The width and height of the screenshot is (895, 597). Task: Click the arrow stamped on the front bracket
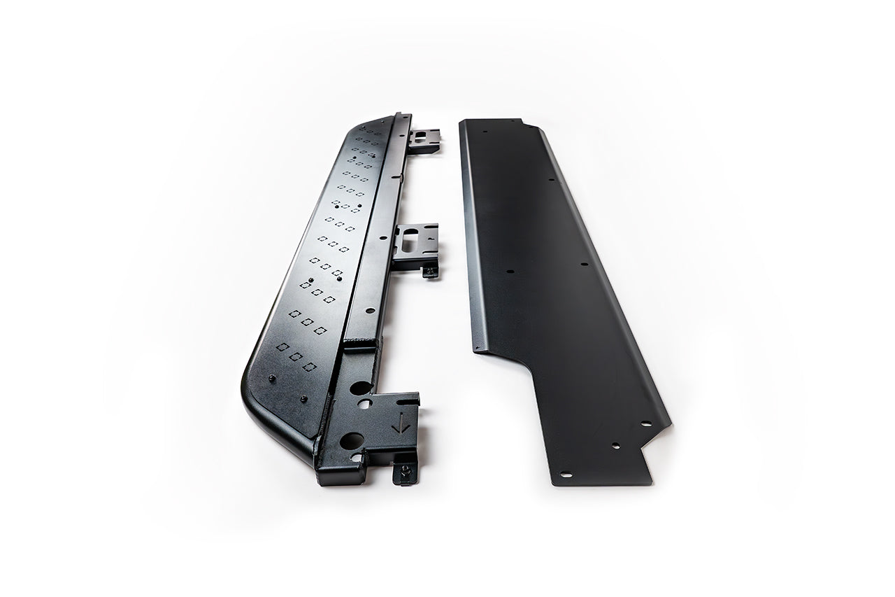coord(401,423)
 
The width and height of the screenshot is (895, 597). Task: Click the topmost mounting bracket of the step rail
coord(424,141)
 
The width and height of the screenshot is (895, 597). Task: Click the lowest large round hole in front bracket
coord(352,440)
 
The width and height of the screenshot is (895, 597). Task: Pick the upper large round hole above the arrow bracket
coord(361,388)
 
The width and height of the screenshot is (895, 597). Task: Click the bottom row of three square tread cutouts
coord(296,356)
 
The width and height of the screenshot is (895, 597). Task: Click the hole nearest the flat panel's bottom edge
coord(565,475)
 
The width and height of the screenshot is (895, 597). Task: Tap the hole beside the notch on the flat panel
coord(645,423)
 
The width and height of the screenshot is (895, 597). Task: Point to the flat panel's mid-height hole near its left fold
coord(510,272)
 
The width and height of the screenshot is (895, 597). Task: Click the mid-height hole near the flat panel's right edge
coord(584,265)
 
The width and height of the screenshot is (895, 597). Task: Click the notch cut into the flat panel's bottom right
coord(657,448)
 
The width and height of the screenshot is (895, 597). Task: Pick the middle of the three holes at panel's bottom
coord(615,445)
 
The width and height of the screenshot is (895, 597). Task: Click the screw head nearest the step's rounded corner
coord(272,379)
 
